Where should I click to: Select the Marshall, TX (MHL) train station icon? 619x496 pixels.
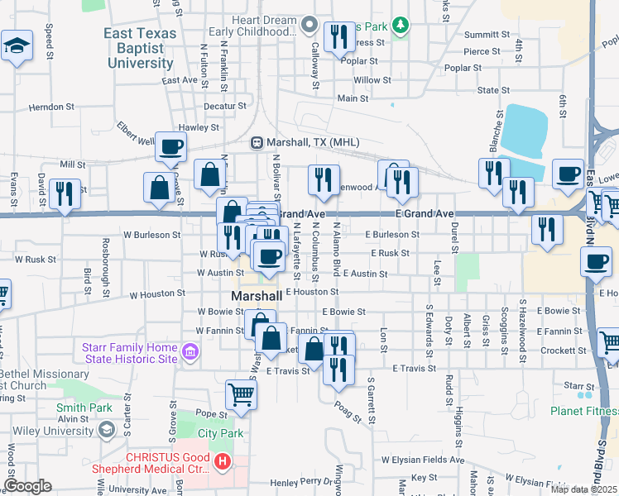tap(257, 142)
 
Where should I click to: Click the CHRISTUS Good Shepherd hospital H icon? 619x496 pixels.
tap(221, 462)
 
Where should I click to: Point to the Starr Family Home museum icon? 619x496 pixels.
tap(190, 354)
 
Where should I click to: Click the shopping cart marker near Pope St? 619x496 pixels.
tap(241, 394)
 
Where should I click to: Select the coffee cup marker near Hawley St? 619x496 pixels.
tap(170, 147)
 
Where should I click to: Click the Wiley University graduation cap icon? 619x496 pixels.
tap(107, 430)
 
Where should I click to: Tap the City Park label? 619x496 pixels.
tap(220, 433)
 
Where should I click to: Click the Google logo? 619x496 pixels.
tap(28, 485)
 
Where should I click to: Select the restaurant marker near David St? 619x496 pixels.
tap(65, 194)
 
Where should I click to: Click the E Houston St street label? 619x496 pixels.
tap(312, 292)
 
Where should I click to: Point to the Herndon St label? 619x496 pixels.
tap(51, 107)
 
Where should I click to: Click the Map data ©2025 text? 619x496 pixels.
tap(583, 489)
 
